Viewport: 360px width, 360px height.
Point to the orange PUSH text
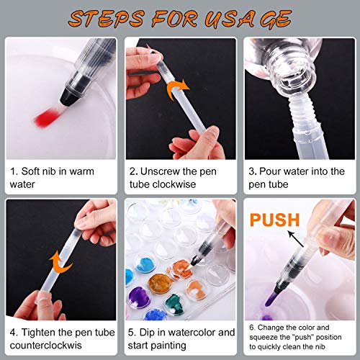pos(270,218)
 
